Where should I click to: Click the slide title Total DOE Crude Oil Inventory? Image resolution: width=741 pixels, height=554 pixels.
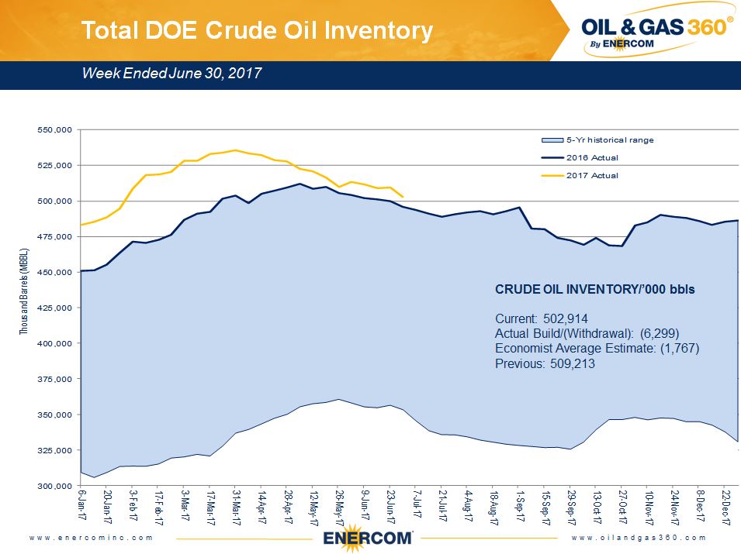pyautogui.click(x=257, y=30)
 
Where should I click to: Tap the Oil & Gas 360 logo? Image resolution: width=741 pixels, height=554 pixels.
pyautogui.click(x=656, y=32)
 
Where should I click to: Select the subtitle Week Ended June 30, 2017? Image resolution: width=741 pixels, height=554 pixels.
pyautogui.click(x=171, y=74)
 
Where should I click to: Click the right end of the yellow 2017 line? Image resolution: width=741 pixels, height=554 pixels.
pyautogui.click(x=402, y=197)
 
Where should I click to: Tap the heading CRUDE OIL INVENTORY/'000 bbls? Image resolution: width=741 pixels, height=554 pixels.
pyautogui.click(x=595, y=289)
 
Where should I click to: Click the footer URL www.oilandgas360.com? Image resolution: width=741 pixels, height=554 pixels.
pyautogui.click(x=639, y=538)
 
